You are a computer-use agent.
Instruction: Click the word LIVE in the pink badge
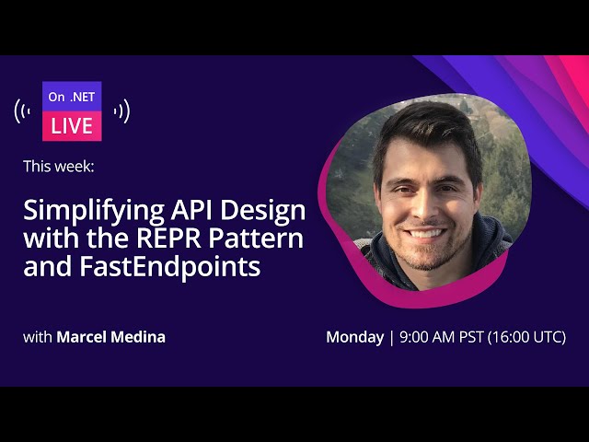(72, 125)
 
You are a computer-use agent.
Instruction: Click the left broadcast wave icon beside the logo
(23, 111)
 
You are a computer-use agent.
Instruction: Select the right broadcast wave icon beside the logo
(121, 111)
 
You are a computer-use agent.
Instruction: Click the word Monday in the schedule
(354, 337)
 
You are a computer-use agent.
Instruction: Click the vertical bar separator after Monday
(390, 337)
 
